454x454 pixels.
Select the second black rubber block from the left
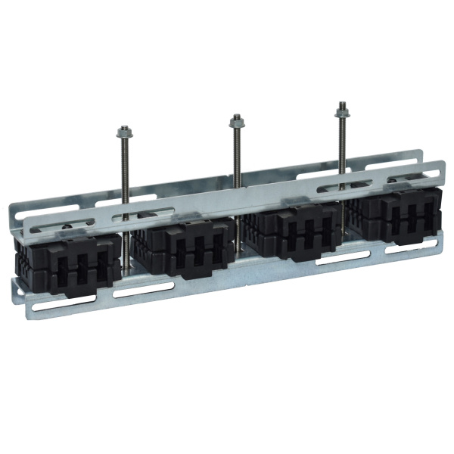coord(182,246)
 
